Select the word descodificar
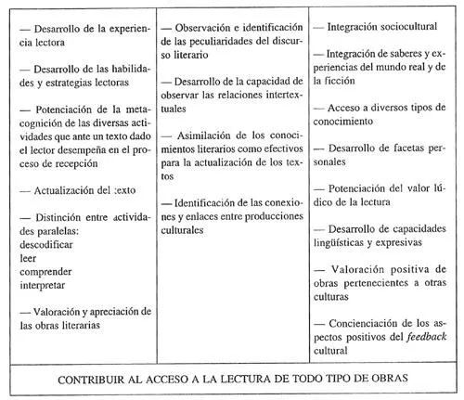coord(49,246)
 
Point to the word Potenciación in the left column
coord(66,110)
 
